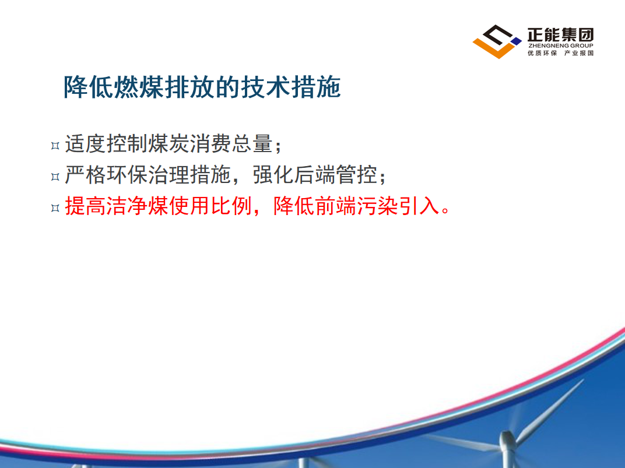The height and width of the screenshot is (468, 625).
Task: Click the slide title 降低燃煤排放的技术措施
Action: coord(202,87)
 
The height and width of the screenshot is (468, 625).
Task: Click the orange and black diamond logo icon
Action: coord(497,41)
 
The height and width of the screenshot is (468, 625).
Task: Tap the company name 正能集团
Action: coord(560,34)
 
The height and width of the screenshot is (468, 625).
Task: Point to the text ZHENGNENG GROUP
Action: coord(560,45)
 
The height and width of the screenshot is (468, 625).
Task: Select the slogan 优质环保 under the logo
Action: coord(542,53)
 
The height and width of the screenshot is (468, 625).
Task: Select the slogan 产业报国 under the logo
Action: coord(579,53)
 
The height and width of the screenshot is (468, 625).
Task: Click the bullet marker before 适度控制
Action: coord(55,146)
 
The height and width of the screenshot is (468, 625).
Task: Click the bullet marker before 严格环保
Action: coord(55,177)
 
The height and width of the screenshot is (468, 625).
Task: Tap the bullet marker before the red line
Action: coord(55,207)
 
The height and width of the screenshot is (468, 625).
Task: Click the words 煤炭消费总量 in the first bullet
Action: coord(210,144)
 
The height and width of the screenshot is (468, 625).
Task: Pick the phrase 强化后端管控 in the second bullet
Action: coord(315,174)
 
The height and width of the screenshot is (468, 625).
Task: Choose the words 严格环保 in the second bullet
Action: coord(107,174)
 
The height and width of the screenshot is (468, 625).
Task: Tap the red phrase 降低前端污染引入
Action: coord(356,206)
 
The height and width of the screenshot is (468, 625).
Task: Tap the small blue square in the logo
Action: coord(516,41)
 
